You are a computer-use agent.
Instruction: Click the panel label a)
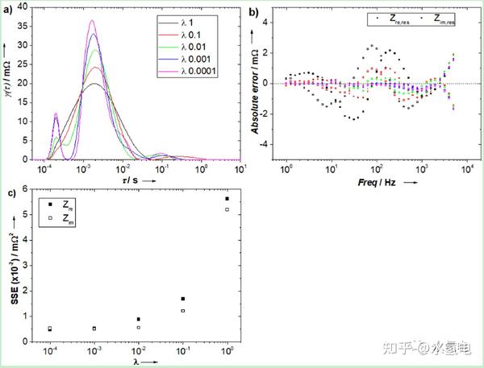coord(9,10)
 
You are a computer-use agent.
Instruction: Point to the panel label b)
coord(253,11)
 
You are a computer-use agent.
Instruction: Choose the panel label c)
coord(9,192)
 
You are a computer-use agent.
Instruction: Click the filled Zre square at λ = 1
coord(227,199)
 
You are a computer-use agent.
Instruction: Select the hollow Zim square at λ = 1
coord(227,209)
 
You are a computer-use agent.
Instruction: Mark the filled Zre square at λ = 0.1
coord(183,299)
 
